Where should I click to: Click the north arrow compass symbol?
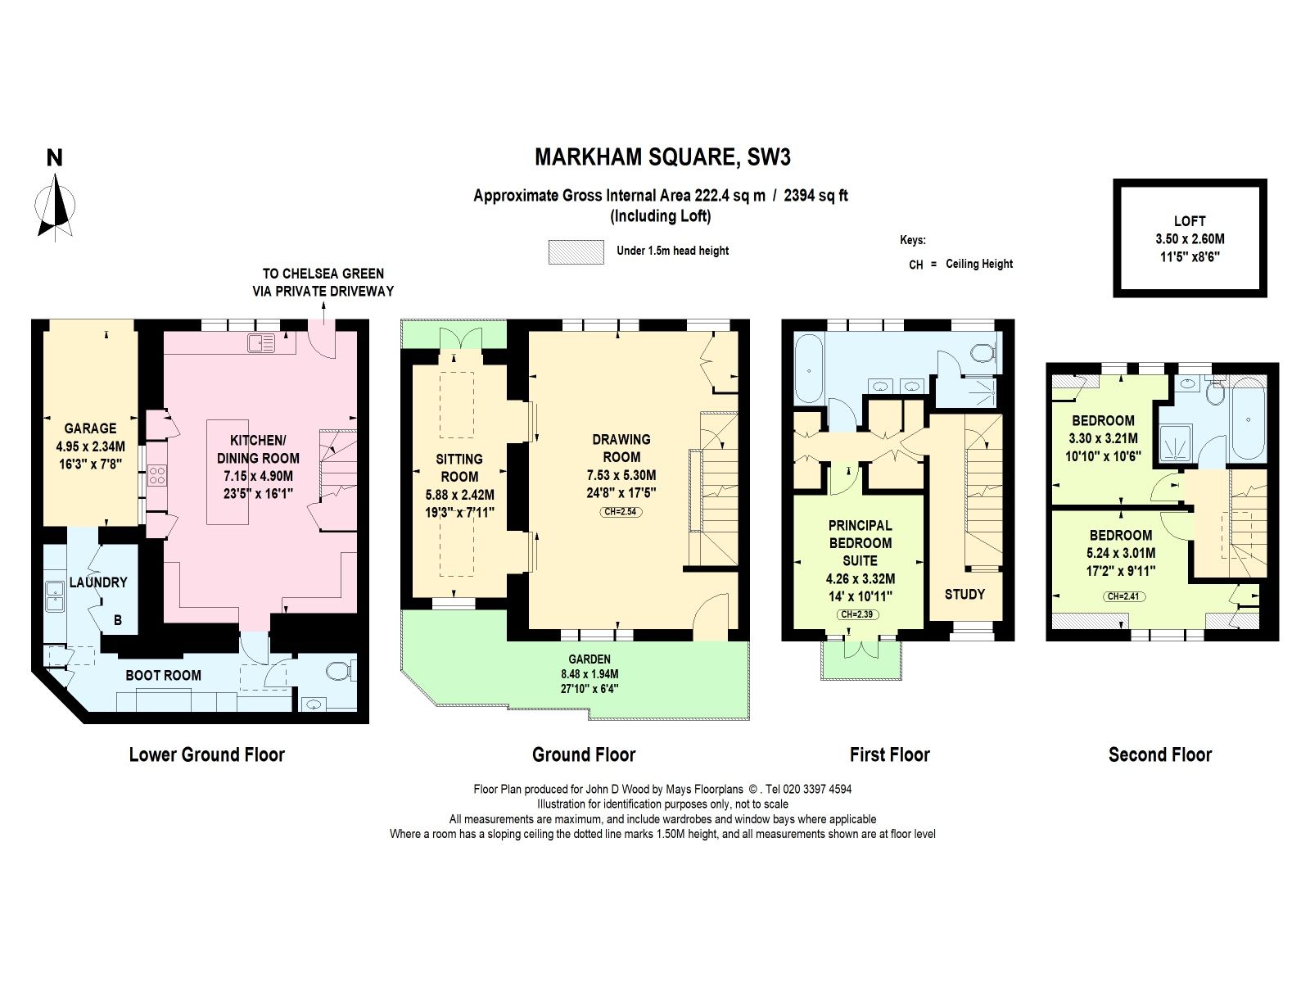(x=55, y=209)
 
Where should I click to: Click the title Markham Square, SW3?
(x=662, y=156)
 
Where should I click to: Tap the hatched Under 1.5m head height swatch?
(x=576, y=251)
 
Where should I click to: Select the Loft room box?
(x=1190, y=238)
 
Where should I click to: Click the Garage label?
(x=90, y=428)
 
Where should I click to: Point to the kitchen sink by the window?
(x=261, y=344)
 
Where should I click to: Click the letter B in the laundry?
(x=118, y=620)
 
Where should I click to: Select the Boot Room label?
(x=163, y=675)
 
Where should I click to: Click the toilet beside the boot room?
(x=339, y=673)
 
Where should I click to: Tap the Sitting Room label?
(x=459, y=467)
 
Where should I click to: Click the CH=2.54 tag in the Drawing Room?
(x=621, y=512)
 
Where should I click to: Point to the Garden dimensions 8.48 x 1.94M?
(x=589, y=674)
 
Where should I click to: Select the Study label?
(x=964, y=594)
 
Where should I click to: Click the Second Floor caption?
(x=1159, y=754)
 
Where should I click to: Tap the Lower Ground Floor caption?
(x=206, y=754)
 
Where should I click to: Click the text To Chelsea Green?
(x=323, y=274)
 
